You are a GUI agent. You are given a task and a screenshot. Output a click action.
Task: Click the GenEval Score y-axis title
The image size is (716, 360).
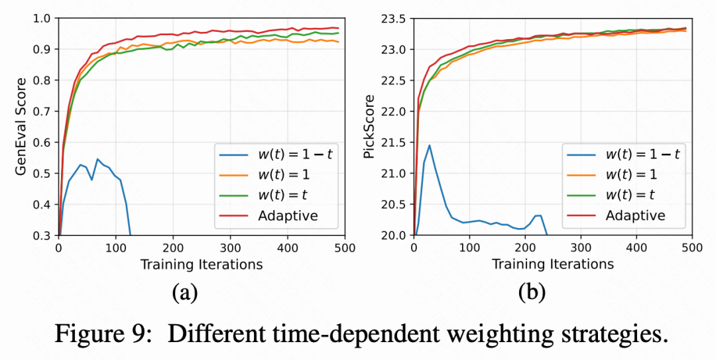(22, 126)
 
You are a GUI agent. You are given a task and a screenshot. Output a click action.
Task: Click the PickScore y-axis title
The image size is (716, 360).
(369, 126)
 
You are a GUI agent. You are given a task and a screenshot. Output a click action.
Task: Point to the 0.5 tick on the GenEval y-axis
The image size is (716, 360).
(45, 173)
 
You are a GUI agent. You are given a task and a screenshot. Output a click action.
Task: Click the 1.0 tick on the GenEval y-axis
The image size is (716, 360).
(45, 19)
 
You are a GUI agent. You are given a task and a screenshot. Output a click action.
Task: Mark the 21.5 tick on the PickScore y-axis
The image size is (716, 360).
(396, 143)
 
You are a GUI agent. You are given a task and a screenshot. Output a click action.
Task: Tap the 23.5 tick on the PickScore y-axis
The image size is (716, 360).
(396, 19)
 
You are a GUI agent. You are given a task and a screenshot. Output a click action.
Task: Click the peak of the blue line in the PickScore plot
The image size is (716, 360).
(430, 145)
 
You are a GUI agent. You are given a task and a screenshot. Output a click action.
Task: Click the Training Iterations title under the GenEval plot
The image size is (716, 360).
(201, 265)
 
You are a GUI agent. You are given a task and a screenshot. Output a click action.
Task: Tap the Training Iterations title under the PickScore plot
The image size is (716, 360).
(552, 265)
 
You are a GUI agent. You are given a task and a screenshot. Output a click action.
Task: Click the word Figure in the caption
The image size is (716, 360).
(93, 333)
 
